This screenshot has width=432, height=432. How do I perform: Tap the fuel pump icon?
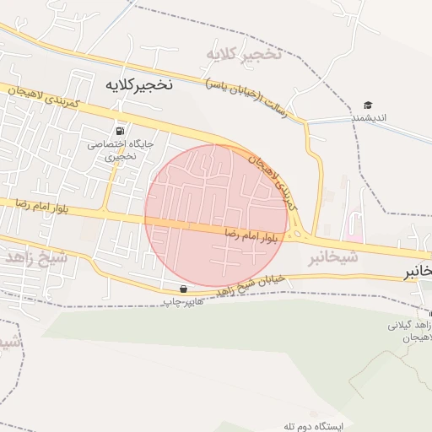pos(121,132)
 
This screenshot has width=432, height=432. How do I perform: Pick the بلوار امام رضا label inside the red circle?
pos(251,235)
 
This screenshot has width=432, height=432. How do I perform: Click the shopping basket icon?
pos(183,289)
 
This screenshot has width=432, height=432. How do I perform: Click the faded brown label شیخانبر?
pos(330,256)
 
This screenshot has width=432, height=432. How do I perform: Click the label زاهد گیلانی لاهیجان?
pos(411,330)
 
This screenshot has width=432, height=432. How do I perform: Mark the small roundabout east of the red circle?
pos(296,235)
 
